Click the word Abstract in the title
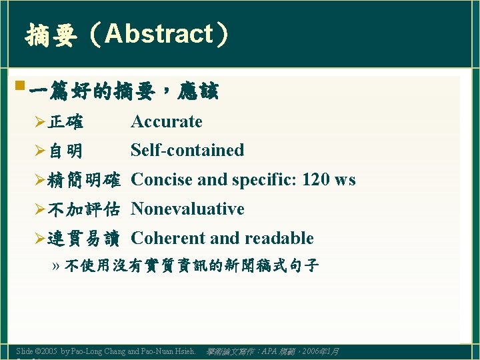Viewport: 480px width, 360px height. (158, 34)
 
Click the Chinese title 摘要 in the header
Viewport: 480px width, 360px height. (50, 35)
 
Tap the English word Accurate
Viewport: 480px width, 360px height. (167, 121)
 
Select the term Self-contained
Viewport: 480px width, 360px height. (187, 150)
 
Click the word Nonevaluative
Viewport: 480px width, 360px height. (187, 209)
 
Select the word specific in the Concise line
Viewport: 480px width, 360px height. (264, 180)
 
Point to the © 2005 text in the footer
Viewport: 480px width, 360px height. (45, 351)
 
